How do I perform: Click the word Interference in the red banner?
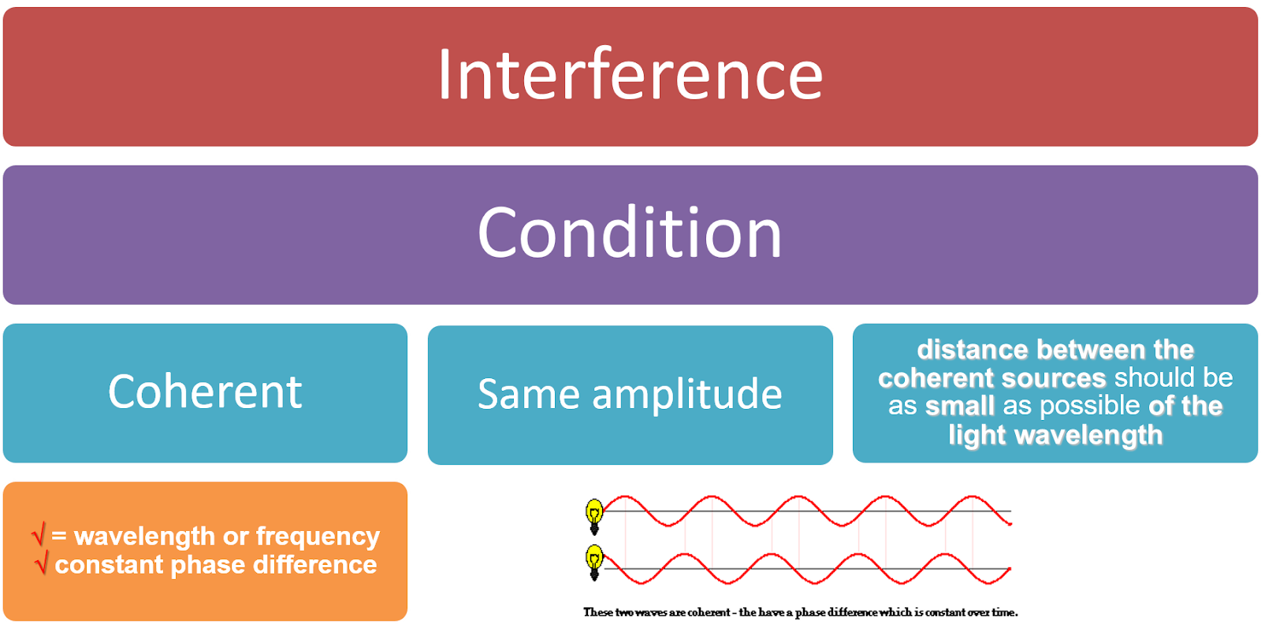630,75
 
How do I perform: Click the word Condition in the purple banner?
630,233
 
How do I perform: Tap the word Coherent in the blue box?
205,392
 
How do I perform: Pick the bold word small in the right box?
959,407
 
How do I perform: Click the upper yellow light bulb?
594,514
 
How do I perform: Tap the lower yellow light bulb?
594,561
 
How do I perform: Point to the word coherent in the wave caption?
708,612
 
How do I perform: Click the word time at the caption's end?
1003,612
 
